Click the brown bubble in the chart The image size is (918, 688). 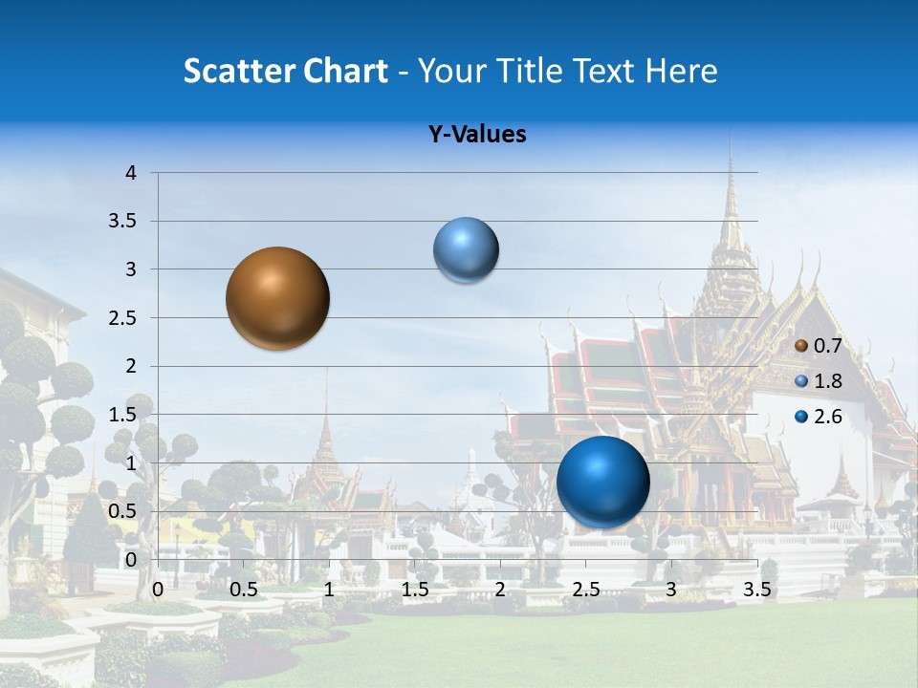point(278,298)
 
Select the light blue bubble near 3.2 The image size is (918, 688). point(466,250)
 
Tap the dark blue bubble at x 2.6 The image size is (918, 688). point(602,481)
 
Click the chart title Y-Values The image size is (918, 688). point(476,135)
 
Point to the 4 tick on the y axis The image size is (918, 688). point(131,173)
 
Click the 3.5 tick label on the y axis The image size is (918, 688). point(122,221)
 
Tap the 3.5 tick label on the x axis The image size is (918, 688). point(756,590)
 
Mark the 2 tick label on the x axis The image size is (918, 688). point(500,590)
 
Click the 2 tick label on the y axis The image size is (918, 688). point(131,366)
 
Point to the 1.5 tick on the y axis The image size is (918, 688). point(122,415)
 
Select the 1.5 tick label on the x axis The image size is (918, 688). point(414,590)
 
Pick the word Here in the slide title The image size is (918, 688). point(681,71)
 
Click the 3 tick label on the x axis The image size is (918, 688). point(671,590)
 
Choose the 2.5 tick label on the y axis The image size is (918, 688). point(122,318)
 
